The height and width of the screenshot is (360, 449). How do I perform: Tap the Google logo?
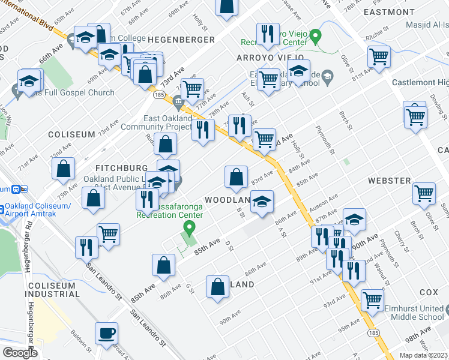pos(20,353)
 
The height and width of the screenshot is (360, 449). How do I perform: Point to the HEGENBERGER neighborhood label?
pos(181,40)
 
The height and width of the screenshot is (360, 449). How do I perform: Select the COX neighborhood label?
pos(429,292)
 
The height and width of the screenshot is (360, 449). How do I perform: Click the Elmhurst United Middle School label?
pos(415,312)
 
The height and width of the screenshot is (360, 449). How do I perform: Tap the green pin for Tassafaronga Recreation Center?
pos(190,227)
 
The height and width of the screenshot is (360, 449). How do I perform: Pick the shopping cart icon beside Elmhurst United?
pos(372,300)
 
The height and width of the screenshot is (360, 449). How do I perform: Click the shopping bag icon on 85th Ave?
pos(164,265)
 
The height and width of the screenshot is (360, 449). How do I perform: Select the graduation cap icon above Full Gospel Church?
pos(29,82)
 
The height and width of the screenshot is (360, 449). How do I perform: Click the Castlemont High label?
pos(420,82)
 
